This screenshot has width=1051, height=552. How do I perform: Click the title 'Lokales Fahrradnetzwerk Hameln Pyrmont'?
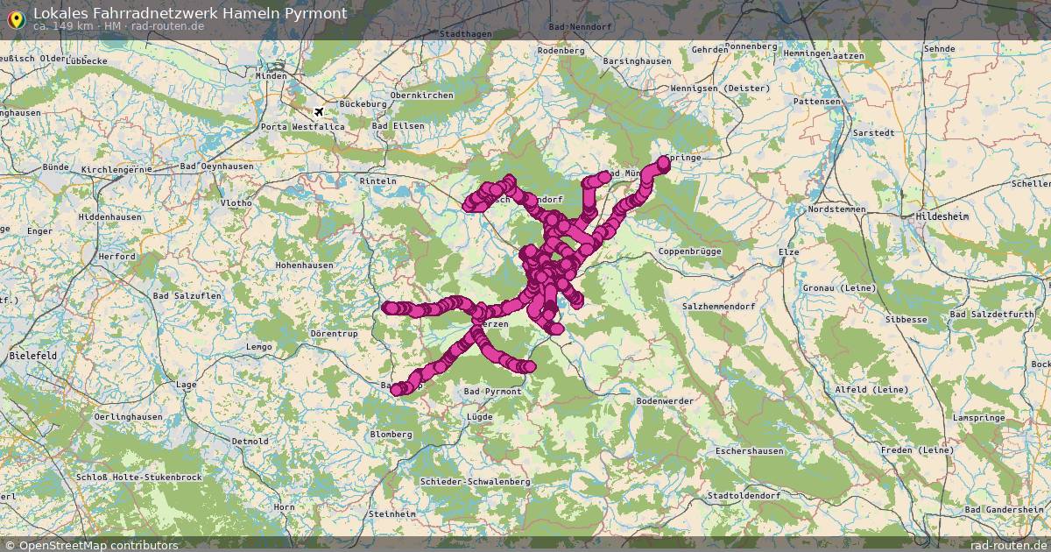[x=190, y=13]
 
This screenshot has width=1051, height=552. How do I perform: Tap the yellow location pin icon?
[x=15, y=18]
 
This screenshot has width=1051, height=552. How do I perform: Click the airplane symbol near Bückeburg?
[x=319, y=111]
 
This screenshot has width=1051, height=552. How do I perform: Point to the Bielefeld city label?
[x=33, y=356]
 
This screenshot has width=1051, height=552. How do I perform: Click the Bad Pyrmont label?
[x=492, y=391]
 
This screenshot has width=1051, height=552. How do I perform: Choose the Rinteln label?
[x=378, y=181]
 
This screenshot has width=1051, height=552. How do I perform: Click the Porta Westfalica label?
[x=302, y=127]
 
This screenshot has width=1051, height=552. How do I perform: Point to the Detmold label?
[x=250, y=441]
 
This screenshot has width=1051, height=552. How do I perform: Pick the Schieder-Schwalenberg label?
[x=475, y=482]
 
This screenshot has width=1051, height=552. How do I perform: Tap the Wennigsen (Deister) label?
[x=720, y=88]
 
